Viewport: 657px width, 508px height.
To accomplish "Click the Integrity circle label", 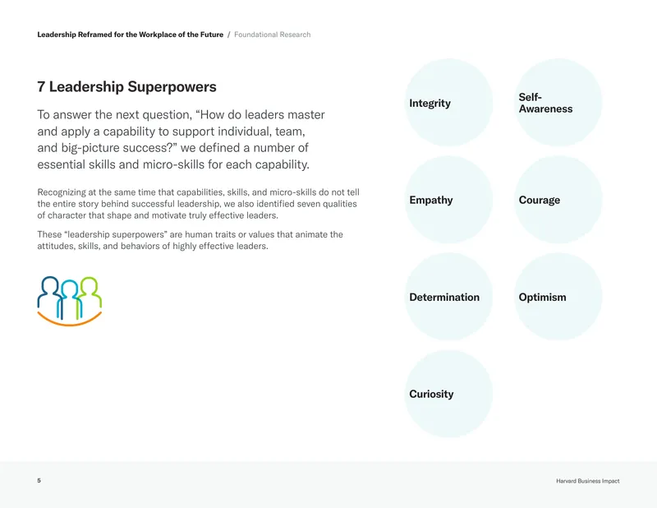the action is click(430, 104).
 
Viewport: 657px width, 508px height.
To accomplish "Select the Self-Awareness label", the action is click(545, 104).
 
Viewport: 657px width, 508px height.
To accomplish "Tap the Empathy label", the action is click(431, 200).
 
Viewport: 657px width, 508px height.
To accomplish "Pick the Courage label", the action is click(540, 200).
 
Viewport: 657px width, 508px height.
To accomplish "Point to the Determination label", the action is click(444, 297).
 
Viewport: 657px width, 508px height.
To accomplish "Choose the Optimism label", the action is click(542, 297).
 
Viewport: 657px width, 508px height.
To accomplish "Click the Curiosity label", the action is click(431, 395).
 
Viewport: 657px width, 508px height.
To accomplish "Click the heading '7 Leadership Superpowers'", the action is click(126, 87).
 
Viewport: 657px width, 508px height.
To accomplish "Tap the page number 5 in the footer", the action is click(39, 480).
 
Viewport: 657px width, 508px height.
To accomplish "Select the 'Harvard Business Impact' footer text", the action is click(587, 481).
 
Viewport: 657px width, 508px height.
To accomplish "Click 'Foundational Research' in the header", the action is click(273, 35).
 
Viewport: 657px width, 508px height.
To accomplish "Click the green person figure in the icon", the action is click(90, 296).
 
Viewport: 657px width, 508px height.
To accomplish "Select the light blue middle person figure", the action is click(70, 297).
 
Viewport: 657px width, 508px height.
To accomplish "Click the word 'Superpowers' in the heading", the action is click(172, 87).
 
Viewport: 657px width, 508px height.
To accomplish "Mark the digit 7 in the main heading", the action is click(41, 87).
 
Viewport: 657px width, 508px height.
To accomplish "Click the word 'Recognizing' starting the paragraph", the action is click(61, 192).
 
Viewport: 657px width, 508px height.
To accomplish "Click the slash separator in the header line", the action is click(229, 35).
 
